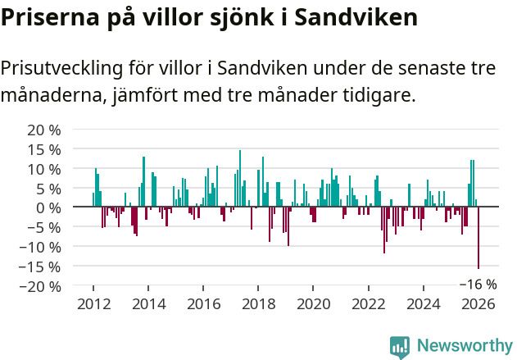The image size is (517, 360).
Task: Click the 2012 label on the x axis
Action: (93, 303)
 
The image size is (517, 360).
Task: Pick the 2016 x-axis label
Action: (202, 303)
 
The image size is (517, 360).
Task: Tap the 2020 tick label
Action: (313, 303)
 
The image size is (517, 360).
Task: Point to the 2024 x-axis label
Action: (424, 303)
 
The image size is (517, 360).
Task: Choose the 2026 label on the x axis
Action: (478, 303)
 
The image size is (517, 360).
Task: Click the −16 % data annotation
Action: (478, 285)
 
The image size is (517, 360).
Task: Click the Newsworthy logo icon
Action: (400, 346)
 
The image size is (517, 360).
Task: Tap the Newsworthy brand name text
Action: (464, 346)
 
